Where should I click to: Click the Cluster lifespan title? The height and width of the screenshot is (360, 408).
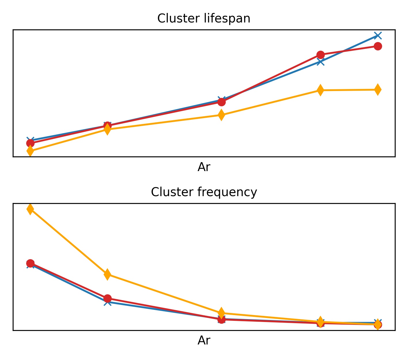click(x=204, y=19)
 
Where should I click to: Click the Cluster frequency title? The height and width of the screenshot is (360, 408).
click(x=204, y=192)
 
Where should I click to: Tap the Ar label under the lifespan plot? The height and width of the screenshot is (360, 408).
click(x=204, y=167)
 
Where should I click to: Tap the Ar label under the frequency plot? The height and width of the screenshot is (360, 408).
click(x=204, y=341)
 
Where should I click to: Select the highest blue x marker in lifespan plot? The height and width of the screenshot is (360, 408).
click(x=378, y=36)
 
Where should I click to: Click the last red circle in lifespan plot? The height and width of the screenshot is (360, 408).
click(x=378, y=46)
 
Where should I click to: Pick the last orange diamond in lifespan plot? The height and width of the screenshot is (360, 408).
click(x=378, y=90)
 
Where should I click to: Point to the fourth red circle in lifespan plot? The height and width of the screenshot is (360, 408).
click(x=320, y=55)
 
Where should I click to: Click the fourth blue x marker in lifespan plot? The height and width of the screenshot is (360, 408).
click(x=320, y=62)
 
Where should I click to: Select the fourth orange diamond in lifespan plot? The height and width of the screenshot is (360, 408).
click(x=320, y=90)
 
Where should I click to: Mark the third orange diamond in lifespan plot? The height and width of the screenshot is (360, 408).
click(x=221, y=115)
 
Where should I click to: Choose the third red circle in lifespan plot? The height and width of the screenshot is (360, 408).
click(x=221, y=102)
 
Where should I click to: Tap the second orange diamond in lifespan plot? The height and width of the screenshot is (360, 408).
click(x=107, y=130)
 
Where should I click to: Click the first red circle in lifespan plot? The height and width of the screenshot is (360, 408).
click(x=30, y=143)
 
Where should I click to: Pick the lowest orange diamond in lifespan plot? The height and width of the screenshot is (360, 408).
click(x=30, y=151)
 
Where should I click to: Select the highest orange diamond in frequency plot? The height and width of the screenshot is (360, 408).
click(x=30, y=209)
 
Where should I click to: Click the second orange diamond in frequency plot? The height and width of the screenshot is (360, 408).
click(x=107, y=274)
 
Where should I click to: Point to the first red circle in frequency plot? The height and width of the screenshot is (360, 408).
click(x=30, y=263)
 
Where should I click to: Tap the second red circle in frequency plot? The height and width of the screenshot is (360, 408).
click(x=107, y=298)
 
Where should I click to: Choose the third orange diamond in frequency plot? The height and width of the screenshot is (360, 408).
click(x=221, y=313)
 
